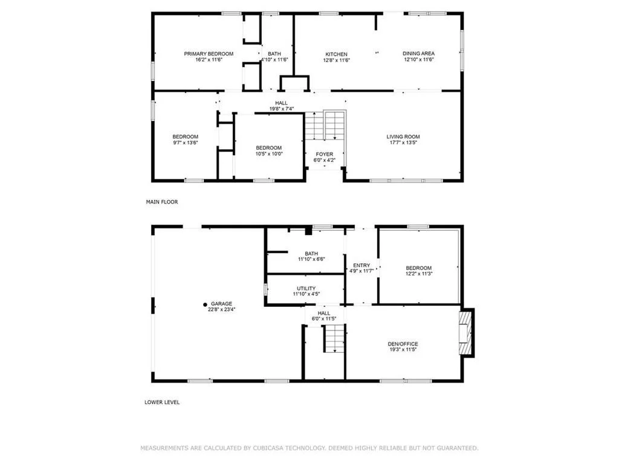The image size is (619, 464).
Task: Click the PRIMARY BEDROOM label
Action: click(209, 54)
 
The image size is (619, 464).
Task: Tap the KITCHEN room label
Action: click(336, 54)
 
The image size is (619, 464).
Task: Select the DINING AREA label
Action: click(418, 53)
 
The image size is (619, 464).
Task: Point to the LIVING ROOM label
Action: click(403, 137)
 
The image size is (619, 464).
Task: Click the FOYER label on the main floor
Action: click(325, 154)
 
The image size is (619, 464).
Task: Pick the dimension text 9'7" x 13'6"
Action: click(185, 143)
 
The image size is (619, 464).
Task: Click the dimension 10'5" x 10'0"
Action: click(269, 153)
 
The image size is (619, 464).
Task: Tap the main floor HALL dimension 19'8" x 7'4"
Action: click(282, 109)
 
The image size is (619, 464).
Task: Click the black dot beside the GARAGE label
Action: click(205, 304)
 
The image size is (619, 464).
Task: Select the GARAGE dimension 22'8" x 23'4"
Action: click(221, 309)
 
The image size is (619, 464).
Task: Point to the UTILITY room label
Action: click(306, 288)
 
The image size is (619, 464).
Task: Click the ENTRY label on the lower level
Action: click(361, 265)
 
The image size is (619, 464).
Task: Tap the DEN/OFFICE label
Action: click(403, 344)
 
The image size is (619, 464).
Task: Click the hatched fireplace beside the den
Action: click(466, 333)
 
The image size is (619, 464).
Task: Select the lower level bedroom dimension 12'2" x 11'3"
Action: click(419, 273)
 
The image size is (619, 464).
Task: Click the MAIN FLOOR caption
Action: click(162, 202)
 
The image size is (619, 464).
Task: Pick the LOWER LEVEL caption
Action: click(162, 402)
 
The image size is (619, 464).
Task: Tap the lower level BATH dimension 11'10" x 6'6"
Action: click(311, 259)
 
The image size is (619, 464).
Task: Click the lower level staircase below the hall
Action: click(334, 338)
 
